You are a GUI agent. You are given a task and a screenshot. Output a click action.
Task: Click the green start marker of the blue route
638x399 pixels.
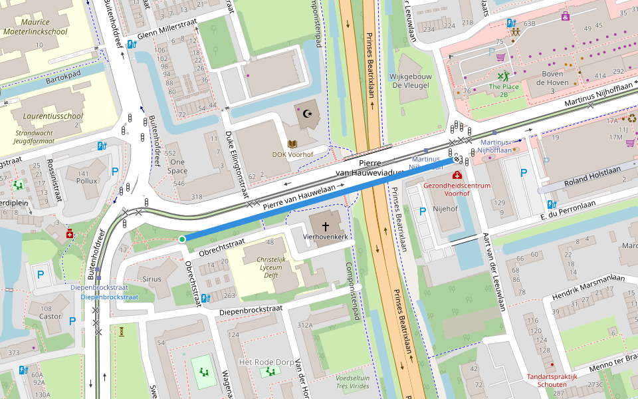(182, 239)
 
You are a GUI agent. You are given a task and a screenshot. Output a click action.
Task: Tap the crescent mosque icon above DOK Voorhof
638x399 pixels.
(307, 114)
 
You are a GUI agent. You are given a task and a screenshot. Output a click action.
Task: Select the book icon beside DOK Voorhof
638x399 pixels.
(292, 143)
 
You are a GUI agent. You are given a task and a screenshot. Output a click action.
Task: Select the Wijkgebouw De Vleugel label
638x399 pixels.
(411, 80)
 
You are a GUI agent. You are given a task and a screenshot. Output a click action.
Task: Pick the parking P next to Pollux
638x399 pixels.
(115, 171)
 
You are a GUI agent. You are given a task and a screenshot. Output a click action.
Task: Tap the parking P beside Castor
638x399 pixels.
(72, 321)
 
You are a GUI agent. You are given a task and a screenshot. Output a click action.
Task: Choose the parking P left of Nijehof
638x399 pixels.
(422, 211)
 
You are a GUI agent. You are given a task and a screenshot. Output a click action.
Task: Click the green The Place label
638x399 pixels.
(503, 86)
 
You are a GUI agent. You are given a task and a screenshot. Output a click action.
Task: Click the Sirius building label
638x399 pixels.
(152, 279)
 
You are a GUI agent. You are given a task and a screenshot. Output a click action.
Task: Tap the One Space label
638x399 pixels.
(177, 166)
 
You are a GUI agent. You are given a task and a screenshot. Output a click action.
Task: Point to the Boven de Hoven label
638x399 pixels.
(551, 78)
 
